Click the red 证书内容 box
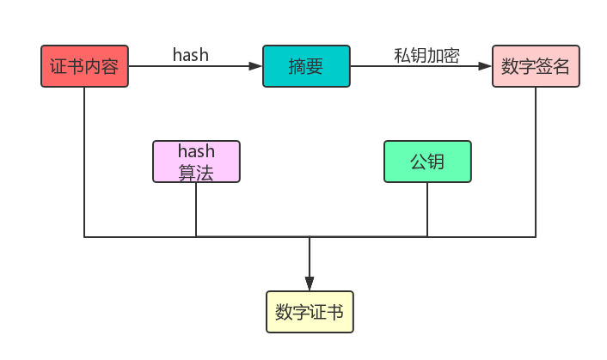84,66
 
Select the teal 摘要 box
306,66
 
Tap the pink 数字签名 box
536,66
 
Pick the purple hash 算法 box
196,162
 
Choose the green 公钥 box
427,162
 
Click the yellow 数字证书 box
310,312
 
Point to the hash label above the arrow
191,55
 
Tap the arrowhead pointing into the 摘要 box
256,66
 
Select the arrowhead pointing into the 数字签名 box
486,66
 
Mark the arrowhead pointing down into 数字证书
310,284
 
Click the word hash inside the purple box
196,152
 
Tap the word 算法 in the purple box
196,171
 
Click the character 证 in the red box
58,66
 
